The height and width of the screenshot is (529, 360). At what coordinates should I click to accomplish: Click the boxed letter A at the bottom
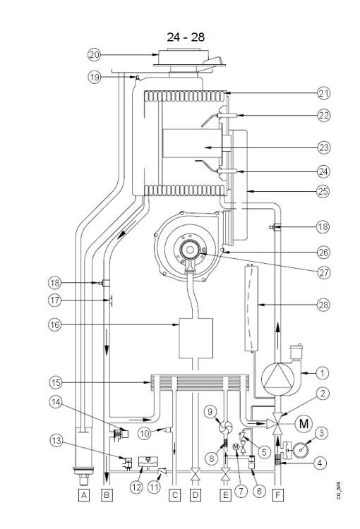pos(84,495)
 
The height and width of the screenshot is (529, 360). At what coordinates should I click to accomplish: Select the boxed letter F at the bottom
pos(277,495)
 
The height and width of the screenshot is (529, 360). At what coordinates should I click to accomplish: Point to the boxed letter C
pos(174,495)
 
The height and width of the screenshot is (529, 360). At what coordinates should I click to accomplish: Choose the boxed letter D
pos(195,495)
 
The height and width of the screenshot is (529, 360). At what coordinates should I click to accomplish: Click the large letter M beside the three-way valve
pos(305,423)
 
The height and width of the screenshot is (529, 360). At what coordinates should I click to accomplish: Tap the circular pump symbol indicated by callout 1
pos(276,377)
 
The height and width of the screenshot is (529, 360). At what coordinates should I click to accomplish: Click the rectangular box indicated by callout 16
pos(196,339)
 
